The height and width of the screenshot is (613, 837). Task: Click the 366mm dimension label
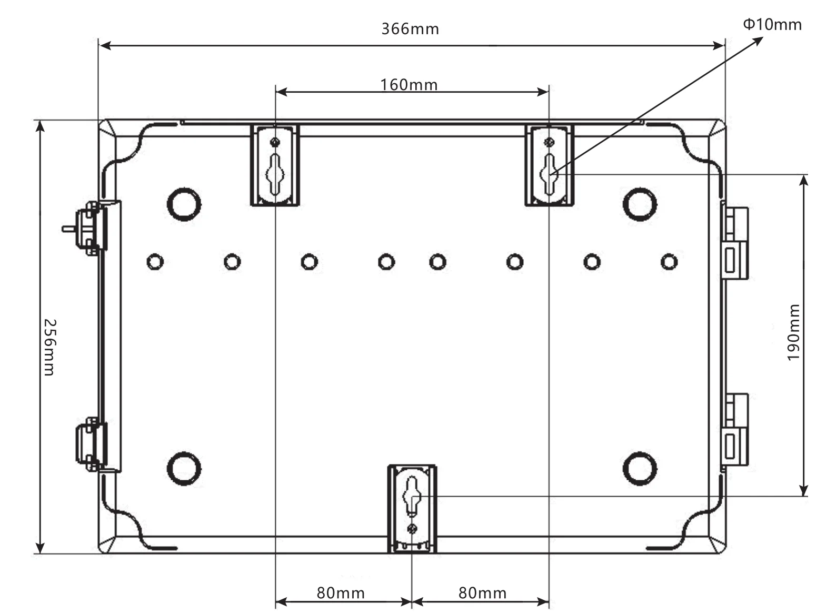410,28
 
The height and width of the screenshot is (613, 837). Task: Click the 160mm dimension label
409,84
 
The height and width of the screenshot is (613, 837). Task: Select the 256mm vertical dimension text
48,347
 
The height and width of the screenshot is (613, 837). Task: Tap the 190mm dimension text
794,332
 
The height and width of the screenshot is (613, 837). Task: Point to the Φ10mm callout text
772,24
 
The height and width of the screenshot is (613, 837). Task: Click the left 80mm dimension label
341,593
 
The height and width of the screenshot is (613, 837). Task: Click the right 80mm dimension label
482,593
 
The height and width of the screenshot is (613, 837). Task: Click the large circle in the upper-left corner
184,204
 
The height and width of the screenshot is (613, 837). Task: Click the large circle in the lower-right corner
640,468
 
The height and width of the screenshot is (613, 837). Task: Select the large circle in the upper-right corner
640,204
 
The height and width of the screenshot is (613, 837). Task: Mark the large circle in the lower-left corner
184,468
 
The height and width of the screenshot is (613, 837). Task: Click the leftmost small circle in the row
155,261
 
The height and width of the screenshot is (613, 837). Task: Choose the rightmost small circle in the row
669,261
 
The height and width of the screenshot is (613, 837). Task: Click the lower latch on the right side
735,432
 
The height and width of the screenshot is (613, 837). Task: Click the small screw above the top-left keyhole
275,142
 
